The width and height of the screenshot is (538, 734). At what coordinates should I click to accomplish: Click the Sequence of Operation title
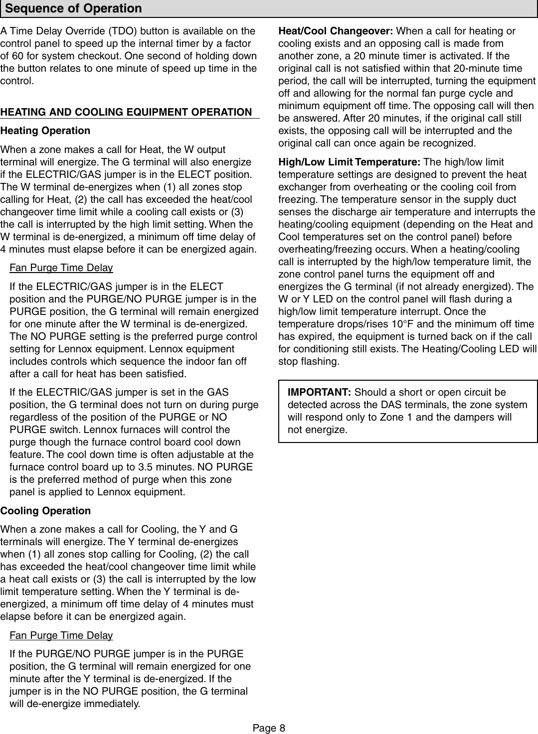[x=73, y=8]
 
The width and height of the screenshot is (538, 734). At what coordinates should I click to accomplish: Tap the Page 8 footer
[x=269, y=728]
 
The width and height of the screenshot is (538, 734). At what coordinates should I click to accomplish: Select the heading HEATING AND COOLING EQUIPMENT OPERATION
[x=126, y=112]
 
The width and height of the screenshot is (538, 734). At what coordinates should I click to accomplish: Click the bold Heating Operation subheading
[x=45, y=131]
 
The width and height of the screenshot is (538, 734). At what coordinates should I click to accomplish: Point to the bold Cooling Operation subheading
[x=45, y=511]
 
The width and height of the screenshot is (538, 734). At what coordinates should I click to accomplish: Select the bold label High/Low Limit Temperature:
[x=349, y=162]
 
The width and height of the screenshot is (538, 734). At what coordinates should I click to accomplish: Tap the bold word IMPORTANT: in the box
[x=320, y=392]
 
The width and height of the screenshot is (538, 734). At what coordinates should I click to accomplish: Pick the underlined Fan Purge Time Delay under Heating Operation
[x=61, y=268]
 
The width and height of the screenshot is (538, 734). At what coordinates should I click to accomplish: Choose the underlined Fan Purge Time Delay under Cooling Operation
[x=61, y=635]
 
